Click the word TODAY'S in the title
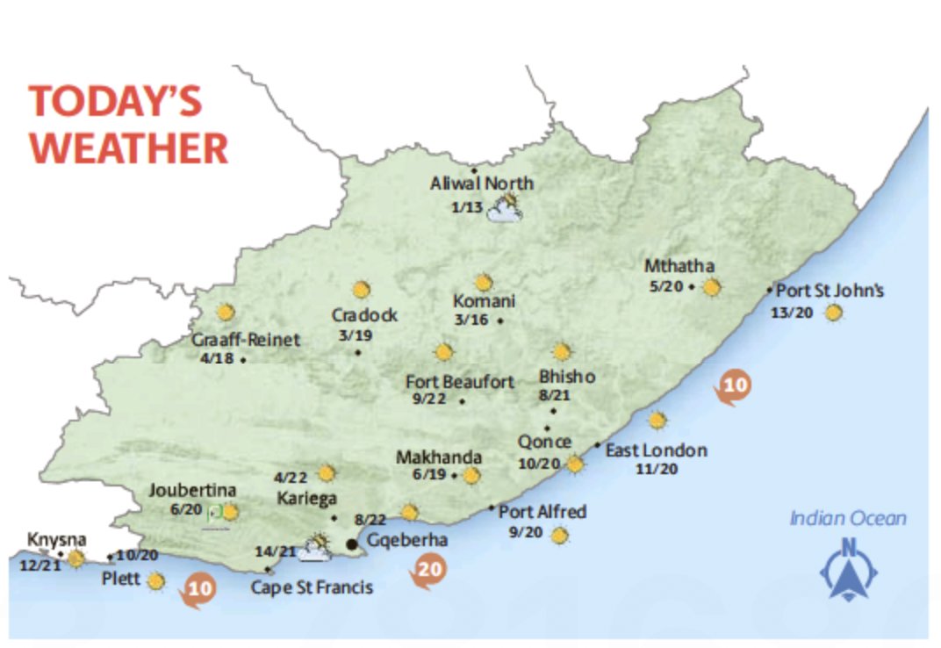click(x=116, y=102)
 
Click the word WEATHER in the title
click(x=129, y=148)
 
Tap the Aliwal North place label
click(x=481, y=184)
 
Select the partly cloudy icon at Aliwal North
click(x=506, y=209)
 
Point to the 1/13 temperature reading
click(x=468, y=208)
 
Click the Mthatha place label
click(x=679, y=267)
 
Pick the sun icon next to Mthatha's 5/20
click(x=711, y=286)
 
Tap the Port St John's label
click(x=830, y=291)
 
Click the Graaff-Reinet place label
click(x=246, y=340)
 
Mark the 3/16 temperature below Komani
click(x=471, y=320)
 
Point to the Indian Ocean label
click(x=848, y=518)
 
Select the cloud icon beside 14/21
click(x=313, y=549)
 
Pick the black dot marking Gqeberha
click(x=352, y=545)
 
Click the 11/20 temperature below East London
click(x=657, y=469)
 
